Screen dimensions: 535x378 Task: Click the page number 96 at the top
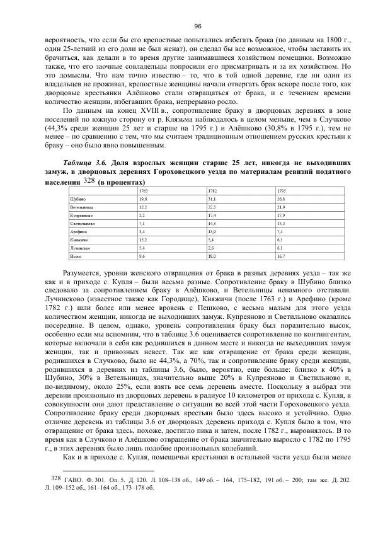[x=197, y=26]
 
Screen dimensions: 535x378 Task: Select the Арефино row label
[x=77, y=232]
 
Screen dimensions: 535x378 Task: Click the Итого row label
[x=75, y=256]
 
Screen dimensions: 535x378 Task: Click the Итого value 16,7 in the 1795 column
[x=282, y=256]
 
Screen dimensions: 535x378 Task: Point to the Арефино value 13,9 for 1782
[x=213, y=232]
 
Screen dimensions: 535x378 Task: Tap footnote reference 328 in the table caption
[x=89, y=180]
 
